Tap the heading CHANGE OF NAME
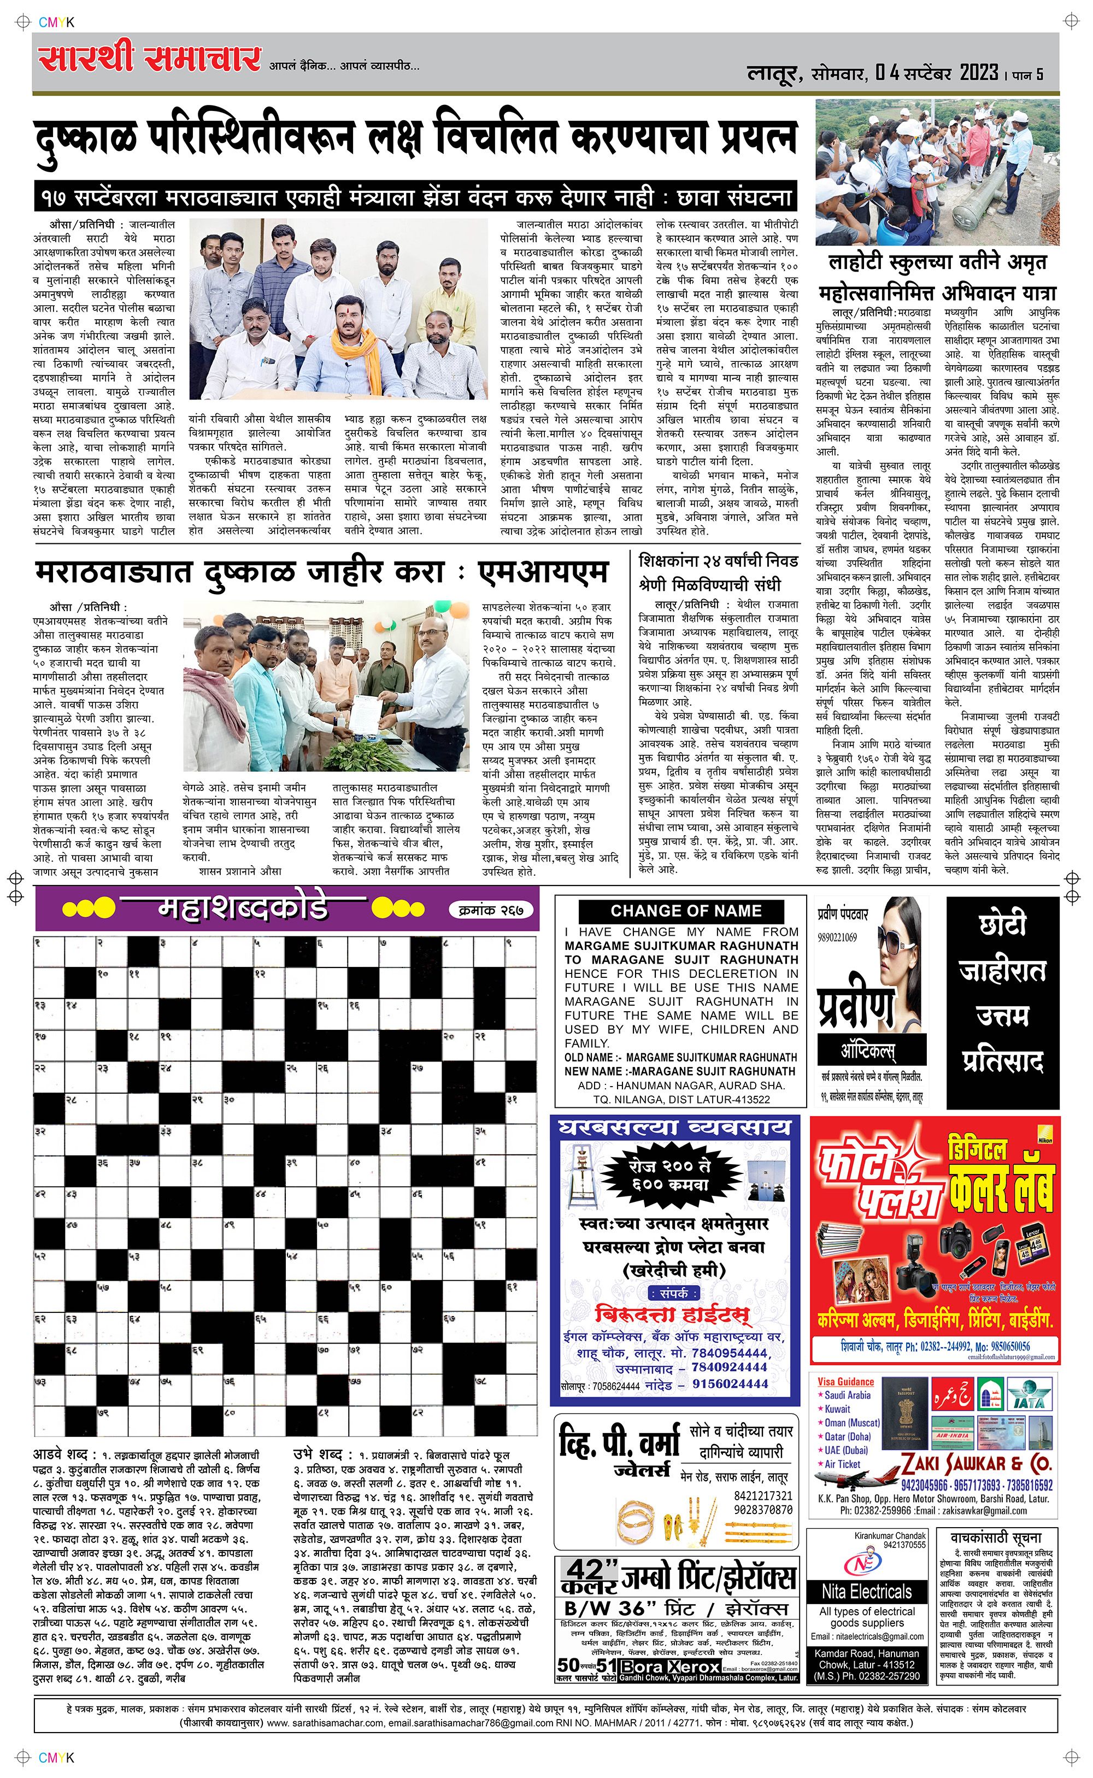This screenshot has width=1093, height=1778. [x=685, y=911]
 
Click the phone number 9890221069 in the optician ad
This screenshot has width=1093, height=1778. [x=838, y=937]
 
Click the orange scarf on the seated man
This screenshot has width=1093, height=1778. [x=347, y=347]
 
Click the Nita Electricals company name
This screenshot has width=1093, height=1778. [x=866, y=1592]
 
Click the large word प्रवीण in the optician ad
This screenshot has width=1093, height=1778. [x=856, y=1008]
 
